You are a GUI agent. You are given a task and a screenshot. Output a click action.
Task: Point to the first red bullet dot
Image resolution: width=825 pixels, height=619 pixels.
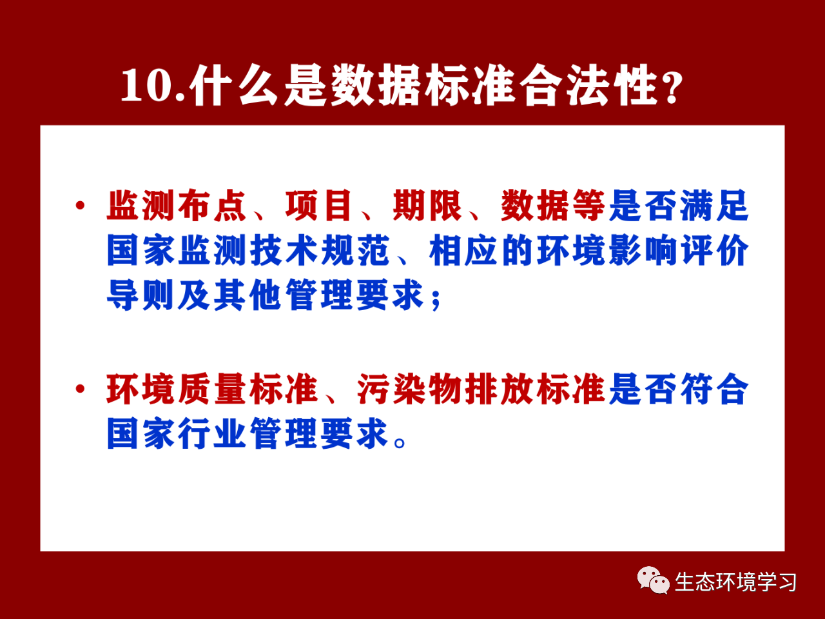coord(80,205)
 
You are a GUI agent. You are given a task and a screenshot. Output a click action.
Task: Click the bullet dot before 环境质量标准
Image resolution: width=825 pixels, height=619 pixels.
coord(80,389)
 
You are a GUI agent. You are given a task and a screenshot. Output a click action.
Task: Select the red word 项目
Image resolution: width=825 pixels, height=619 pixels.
coord(318,205)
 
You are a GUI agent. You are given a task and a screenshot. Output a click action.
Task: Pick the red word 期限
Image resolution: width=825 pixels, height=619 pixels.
coord(427,205)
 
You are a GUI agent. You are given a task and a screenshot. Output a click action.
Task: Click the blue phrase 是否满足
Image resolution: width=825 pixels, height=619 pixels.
coord(679,205)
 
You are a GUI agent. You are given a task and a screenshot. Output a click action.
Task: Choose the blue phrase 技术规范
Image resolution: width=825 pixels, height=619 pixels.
coord(320,250)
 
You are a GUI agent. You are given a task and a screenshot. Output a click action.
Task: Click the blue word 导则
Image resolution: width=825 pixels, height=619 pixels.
coord(141,295)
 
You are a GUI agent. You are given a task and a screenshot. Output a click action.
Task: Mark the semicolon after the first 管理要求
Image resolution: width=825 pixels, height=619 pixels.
coord(436,300)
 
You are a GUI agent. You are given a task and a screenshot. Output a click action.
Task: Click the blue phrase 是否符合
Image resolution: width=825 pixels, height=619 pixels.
coord(679,389)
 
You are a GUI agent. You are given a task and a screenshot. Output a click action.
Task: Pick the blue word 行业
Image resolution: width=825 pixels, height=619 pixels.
coord(212,433)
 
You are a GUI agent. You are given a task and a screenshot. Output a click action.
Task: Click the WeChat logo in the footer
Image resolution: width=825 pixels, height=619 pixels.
coord(653,580)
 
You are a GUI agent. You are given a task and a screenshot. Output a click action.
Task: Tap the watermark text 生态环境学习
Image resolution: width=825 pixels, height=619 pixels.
coord(735,582)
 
